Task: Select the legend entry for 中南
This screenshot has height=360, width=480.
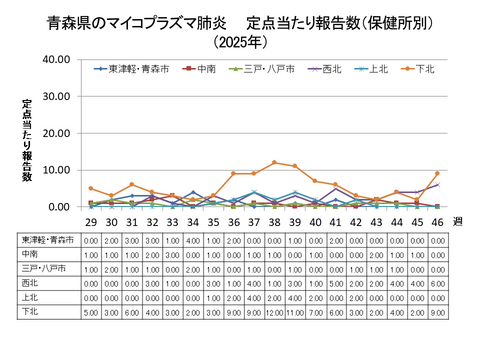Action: [x=206, y=69]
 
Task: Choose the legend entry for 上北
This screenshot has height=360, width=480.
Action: [x=377, y=69]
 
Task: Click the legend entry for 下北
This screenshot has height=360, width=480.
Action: [x=424, y=69]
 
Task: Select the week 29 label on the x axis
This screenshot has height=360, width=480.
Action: [x=90, y=222]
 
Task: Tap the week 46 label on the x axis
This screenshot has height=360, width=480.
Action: [x=436, y=222]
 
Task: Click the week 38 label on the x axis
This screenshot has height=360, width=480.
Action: [x=273, y=222]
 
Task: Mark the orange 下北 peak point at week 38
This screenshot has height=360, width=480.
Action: [x=273, y=163]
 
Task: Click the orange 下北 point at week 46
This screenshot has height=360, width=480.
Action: [x=436, y=174]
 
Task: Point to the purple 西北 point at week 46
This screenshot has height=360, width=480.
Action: [x=436, y=185]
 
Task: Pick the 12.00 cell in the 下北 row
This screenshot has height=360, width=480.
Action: [x=273, y=312]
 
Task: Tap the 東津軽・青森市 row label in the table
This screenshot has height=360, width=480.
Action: [x=44, y=241]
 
